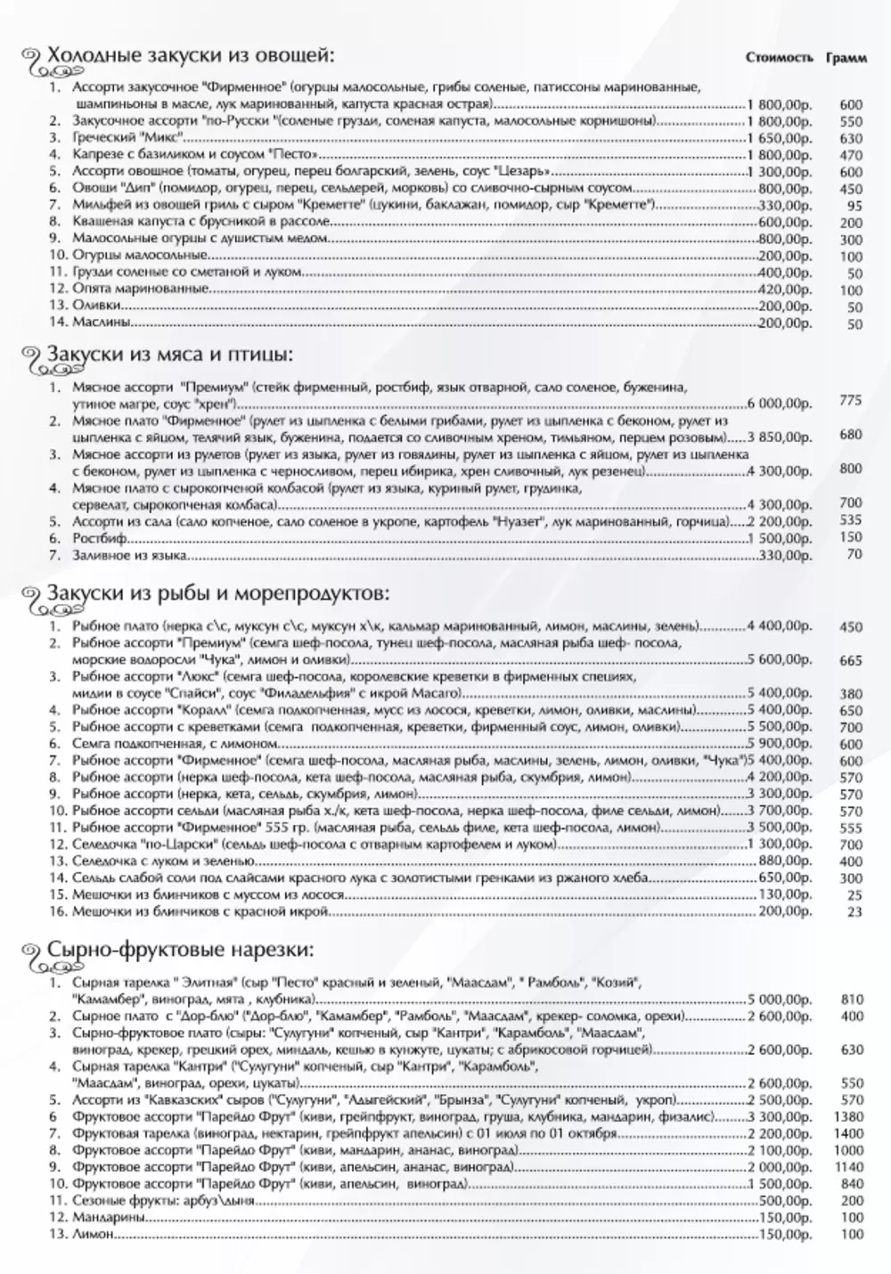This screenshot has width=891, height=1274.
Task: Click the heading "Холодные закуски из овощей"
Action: point(191,55)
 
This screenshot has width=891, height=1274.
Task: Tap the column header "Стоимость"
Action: point(780,58)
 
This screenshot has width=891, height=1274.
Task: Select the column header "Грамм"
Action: point(846,58)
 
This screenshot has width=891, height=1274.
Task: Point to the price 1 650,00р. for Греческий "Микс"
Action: point(781,138)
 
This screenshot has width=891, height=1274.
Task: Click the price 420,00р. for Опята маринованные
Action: point(785,289)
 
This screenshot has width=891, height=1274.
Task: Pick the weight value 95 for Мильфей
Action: point(854,206)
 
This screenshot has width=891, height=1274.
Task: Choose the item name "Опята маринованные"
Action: point(141,289)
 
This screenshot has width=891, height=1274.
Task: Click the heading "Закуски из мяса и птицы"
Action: point(170,354)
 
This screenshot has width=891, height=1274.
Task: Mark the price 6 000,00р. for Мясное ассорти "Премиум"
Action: point(781,404)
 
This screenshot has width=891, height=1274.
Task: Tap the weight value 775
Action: point(851,401)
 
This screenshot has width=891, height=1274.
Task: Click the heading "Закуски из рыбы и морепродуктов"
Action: point(217,592)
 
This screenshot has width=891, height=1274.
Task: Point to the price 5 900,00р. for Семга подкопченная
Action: point(781,743)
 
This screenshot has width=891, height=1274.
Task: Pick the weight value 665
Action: point(851,660)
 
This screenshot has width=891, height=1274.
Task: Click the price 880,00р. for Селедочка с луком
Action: point(785,862)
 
